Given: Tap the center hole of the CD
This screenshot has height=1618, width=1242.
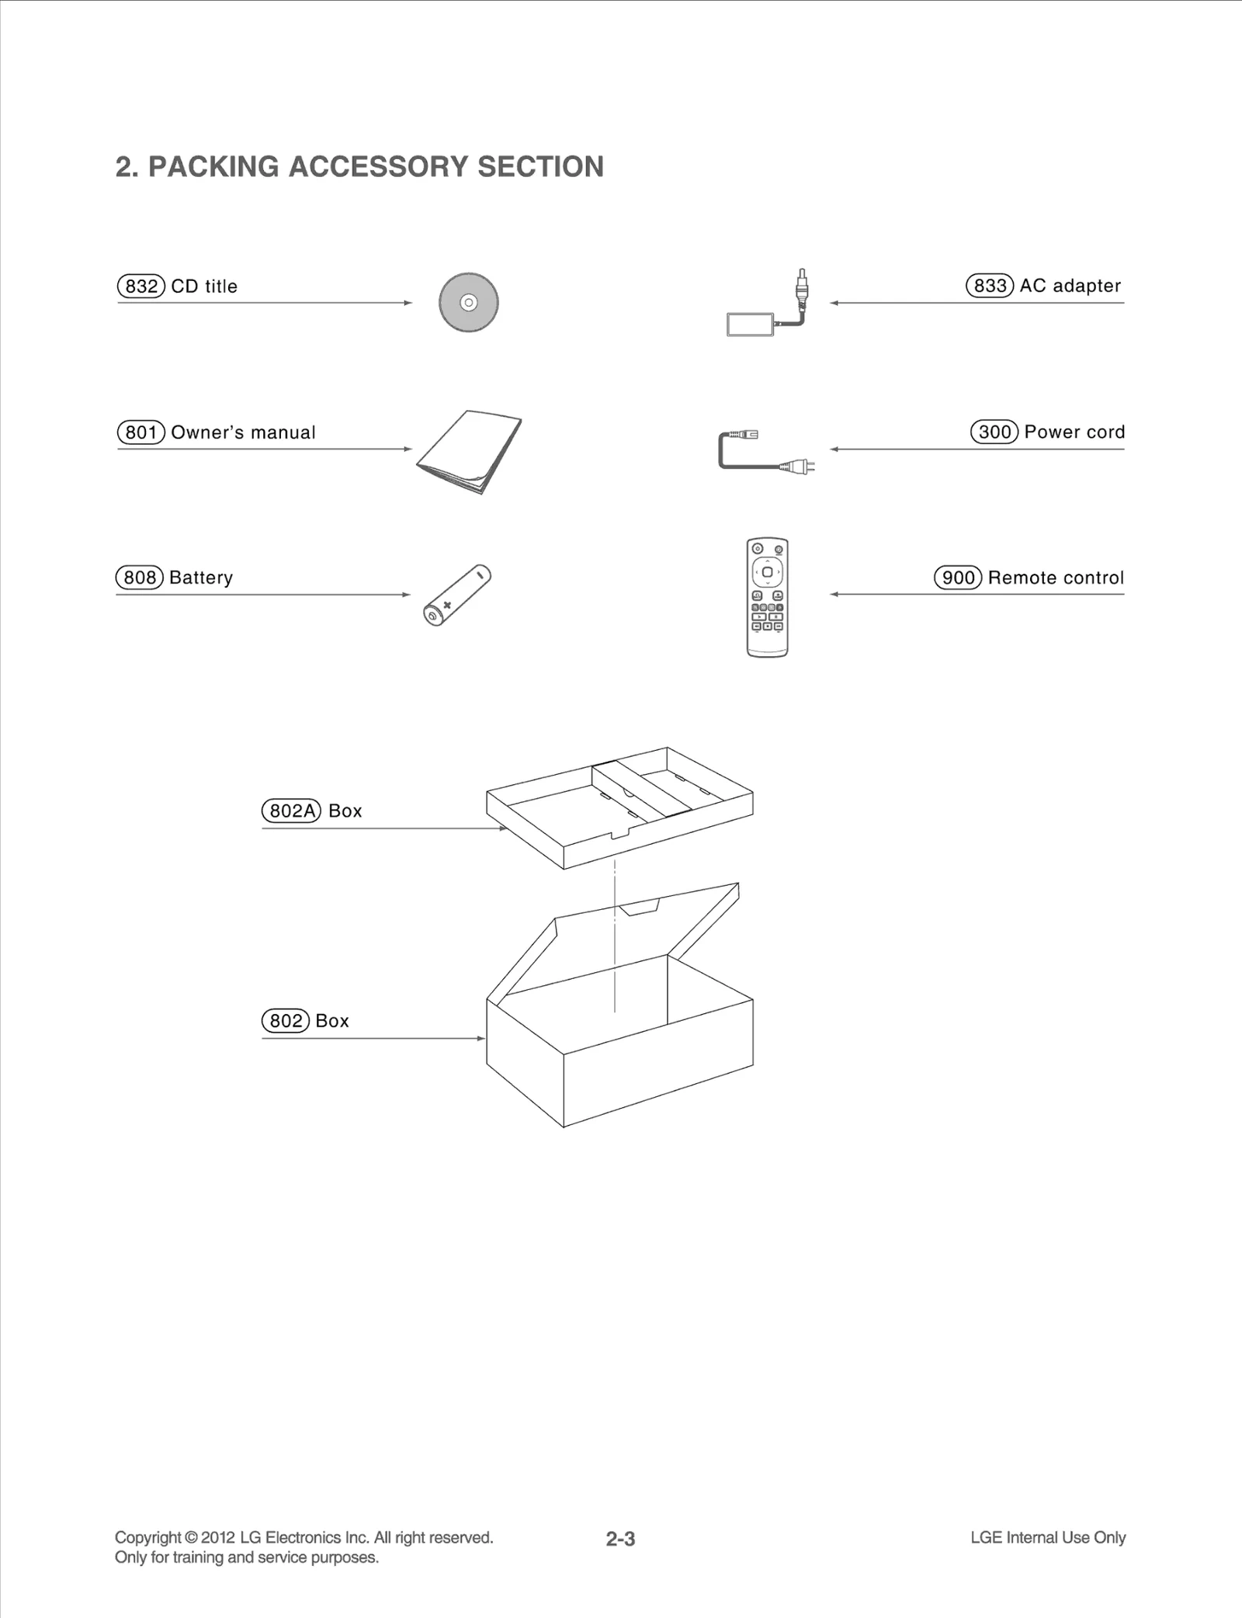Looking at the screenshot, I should pyautogui.click(x=468, y=303).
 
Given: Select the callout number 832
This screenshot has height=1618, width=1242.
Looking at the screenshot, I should pyautogui.click(x=141, y=286).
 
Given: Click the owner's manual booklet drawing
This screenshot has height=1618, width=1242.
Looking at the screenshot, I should pyautogui.click(x=468, y=451).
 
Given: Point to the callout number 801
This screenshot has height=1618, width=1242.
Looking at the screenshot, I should pyautogui.click(x=141, y=432).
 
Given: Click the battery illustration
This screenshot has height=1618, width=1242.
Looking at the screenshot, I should pyautogui.click(x=457, y=595).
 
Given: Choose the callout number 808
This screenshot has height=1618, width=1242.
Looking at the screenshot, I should pyautogui.click(x=140, y=578).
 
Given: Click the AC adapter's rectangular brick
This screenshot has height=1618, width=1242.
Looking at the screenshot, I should pyautogui.click(x=750, y=325).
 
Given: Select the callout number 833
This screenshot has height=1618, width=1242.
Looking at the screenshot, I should pyautogui.click(x=990, y=286).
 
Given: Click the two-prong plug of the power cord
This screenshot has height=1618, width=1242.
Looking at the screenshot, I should pyautogui.click(x=799, y=467).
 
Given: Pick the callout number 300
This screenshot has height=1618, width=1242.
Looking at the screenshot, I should pyautogui.click(x=994, y=432).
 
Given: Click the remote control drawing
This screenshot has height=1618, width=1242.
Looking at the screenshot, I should pyautogui.click(x=767, y=597).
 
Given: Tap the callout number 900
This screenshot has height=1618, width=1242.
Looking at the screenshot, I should pyautogui.click(x=958, y=578).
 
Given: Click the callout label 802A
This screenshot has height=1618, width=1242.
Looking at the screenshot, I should pyautogui.click(x=291, y=811).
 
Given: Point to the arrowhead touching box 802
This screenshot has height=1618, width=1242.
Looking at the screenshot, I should pyautogui.click(x=481, y=1039).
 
